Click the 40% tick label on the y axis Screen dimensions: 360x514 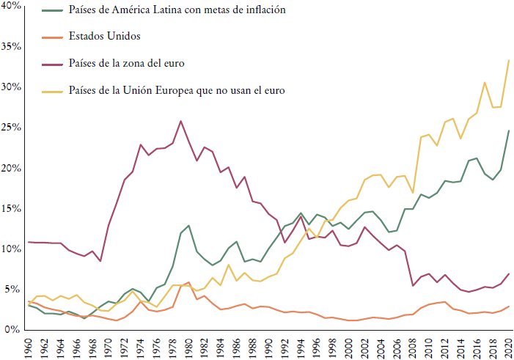tap(12, 7)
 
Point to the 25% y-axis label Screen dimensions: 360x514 tap(12, 128)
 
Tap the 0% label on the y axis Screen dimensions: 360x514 tap(15, 330)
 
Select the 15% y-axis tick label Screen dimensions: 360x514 tap(12, 209)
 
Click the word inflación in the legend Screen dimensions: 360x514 tap(260, 11)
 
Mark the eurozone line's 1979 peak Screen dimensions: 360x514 tap(181, 121)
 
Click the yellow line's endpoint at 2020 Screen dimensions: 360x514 tap(509, 60)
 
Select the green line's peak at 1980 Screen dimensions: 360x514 tap(188, 225)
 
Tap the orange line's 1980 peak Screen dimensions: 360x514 tap(188, 282)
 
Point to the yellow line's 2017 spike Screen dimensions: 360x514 tap(485, 82)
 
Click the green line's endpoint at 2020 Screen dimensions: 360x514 tap(509, 131)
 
